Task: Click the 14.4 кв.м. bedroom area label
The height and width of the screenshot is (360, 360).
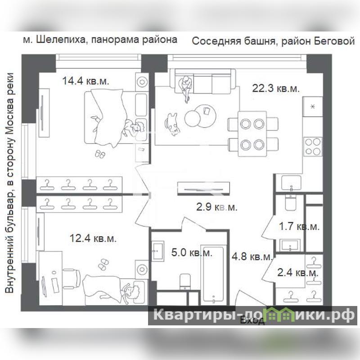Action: coord(85,81)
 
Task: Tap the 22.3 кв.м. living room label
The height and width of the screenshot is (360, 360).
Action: coord(276,88)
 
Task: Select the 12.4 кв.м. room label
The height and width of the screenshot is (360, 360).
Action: coord(93,238)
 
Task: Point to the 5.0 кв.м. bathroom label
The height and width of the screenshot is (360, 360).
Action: coord(192,252)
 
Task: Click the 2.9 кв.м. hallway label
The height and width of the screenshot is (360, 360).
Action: coord(217,207)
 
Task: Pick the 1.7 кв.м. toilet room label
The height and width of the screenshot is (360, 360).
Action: coord(299,227)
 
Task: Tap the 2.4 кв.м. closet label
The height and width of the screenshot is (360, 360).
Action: coord(298,273)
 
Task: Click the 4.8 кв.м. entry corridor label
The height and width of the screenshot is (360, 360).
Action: coord(252,256)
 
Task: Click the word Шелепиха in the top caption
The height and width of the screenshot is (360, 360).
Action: coord(60,40)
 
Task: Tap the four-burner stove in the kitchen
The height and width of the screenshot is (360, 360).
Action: coord(313,147)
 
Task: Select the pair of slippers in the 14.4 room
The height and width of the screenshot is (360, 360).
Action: coord(100,154)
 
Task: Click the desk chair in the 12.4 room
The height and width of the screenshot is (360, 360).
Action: coord(72,279)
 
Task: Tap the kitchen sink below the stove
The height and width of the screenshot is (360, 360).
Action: coord(291,183)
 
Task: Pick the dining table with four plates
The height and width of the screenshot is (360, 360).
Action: coord(252,134)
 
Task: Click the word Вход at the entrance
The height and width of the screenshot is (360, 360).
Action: coord(252,320)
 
